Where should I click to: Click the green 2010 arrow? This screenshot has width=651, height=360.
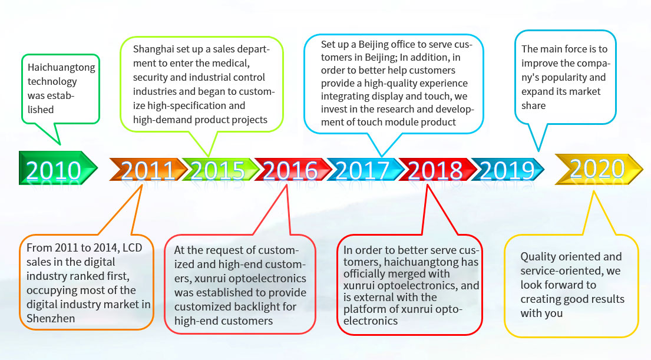[x=58, y=168]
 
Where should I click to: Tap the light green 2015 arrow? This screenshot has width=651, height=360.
[x=220, y=170]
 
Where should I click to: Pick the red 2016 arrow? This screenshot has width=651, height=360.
[x=293, y=170]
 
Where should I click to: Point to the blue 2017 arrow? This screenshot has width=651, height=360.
[x=365, y=170]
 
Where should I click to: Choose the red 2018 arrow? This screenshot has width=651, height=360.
[x=437, y=170]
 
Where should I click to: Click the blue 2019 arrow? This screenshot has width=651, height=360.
[x=507, y=170]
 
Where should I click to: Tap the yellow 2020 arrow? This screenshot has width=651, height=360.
[x=599, y=169]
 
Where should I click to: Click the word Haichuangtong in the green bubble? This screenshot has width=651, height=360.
[x=61, y=68]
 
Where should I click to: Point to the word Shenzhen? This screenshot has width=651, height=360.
[x=51, y=319]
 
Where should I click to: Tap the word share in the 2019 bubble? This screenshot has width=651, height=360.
[x=534, y=106]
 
